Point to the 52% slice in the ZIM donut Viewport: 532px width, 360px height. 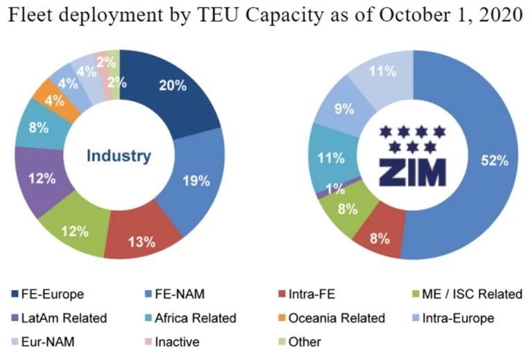[493, 161]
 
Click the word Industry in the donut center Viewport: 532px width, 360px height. [118, 156]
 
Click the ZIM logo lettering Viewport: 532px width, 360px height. [412, 172]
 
